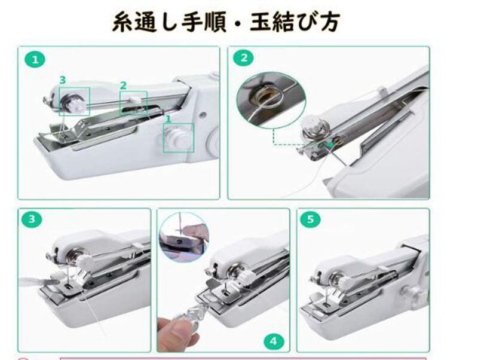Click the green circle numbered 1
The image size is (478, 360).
click(35, 59)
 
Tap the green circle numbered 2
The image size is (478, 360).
click(244, 57)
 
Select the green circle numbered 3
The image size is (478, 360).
click(32, 219)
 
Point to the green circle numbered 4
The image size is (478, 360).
click(274, 341)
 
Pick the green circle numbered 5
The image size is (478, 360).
click(310, 219)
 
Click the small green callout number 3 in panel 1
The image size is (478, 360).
click(63, 80)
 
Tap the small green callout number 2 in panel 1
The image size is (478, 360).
click(123, 86)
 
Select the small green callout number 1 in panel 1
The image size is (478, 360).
click(168, 119)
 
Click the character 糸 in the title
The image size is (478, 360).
click(123, 22)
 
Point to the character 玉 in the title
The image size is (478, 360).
click(261, 22)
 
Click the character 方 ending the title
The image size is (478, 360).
click(329, 22)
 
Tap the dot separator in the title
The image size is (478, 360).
click(238, 23)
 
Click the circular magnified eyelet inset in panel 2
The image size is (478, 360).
click(271, 100)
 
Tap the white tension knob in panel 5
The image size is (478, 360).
click(347, 282)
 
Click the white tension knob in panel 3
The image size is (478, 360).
click(84, 261)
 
